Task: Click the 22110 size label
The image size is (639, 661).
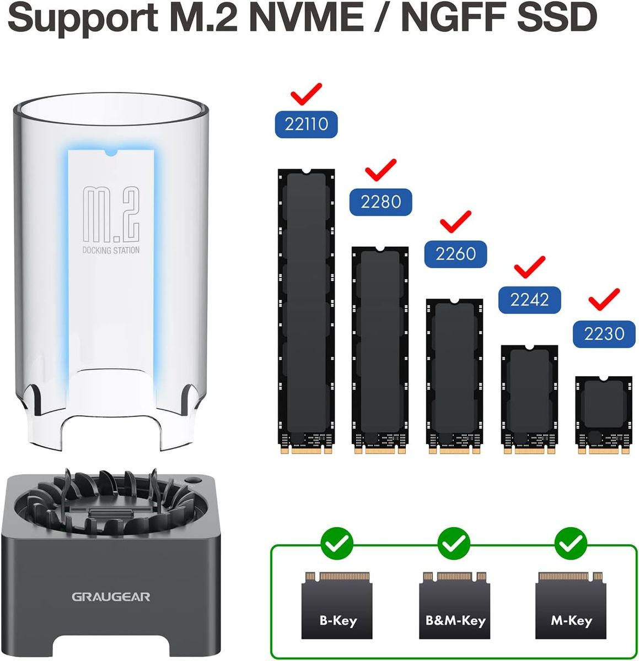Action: pyautogui.click(x=307, y=124)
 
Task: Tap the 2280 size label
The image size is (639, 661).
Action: pyautogui.click(x=380, y=201)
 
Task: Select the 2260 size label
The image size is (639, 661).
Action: pyautogui.click(x=455, y=253)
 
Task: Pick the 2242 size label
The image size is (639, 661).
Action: pyautogui.click(x=529, y=299)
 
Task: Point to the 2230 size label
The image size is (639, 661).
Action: pyautogui.click(x=604, y=334)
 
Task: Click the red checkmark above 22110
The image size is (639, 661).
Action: pyautogui.click(x=307, y=94)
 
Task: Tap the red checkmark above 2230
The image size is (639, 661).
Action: pyautogui.click(x=604, y=299)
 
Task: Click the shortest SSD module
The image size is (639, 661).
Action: pyautogui.click(x=603, y=415)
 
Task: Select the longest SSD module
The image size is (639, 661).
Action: pyautogui.click(x=306, y=311)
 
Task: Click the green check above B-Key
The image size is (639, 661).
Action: pyautogui.click(x=337, y=544)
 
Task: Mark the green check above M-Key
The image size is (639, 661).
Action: pyautogui.click(x=571, y=544)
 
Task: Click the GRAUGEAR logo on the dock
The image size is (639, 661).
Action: pyautogui.click(x=110, y=597)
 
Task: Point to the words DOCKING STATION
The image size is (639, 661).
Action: pyautogui.click(x=111, y=251)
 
